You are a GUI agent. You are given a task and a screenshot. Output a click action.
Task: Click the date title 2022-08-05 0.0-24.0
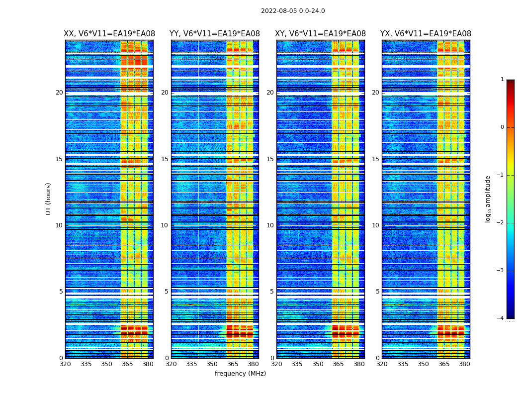(x=293, y=11)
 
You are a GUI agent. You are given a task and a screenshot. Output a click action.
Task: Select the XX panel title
(x=109, y=34)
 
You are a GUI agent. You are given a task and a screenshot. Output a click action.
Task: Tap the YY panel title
(x=215, y=34)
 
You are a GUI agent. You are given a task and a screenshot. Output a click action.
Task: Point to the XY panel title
(x=321, y=34)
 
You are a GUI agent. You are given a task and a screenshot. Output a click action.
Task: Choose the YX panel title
(x=426, y=34)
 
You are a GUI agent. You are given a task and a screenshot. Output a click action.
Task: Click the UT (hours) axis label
(x=49, y=199)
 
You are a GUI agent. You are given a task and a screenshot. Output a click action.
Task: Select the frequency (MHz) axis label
(x=240, y=374)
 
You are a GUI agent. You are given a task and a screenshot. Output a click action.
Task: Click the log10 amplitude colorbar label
(x=488, y=199)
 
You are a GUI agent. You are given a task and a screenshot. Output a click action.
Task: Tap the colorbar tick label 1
(x=502, y=80)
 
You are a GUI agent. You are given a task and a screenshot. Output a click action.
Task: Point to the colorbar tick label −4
(x=501, y=318)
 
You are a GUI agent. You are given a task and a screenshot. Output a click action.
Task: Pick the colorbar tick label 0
(x=502, y=127)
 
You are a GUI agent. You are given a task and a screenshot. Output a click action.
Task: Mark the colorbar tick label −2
(x=501, y=223)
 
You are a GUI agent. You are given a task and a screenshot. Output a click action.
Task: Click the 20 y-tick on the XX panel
(x=59, y=93)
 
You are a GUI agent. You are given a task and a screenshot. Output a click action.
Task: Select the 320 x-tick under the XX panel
(x=65, y=364)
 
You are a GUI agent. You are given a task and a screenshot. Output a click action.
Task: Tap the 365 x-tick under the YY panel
(x=233, y=364)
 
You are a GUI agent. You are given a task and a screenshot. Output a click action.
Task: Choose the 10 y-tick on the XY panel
(x=269, y=225)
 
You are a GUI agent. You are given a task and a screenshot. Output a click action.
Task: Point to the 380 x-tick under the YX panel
(x=464, y=364)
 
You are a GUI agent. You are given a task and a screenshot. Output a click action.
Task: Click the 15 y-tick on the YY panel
(x=164, y=159)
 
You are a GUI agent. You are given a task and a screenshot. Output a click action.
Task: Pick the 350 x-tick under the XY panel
(x=318, y=364)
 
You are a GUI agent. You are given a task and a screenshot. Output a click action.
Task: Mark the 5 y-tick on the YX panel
(x=377, y=292)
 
